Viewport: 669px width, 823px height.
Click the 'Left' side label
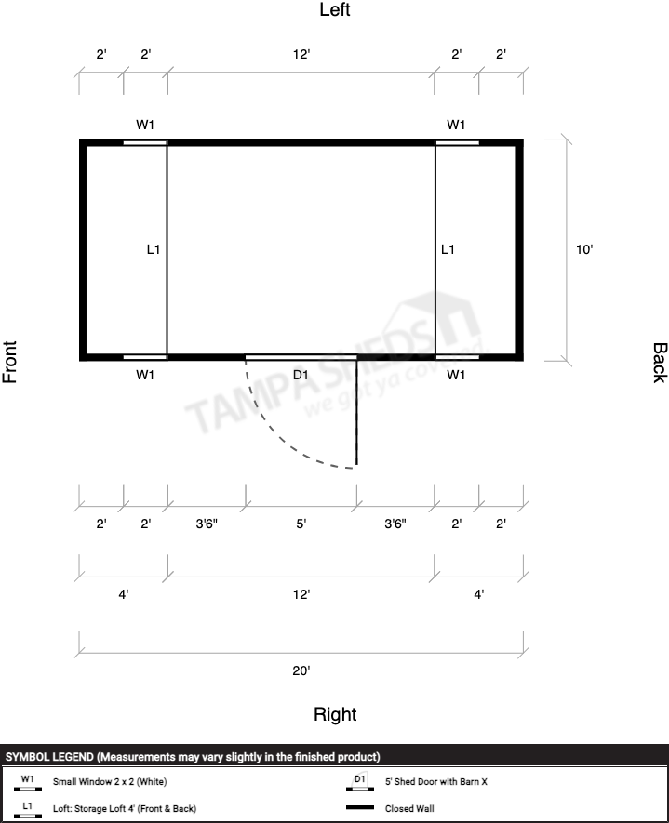(335, 9)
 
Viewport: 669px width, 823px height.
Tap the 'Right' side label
(335, 714)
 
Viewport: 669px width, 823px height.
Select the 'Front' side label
(10, 362)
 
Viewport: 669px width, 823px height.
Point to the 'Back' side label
(660, 363)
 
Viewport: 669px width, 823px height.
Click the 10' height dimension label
(584, 249)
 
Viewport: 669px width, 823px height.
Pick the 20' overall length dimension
(301, 670)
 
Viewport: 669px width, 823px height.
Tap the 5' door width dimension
(301, 524)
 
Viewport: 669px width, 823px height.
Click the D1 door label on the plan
(301, 375)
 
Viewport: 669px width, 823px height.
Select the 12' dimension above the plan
(301, 54)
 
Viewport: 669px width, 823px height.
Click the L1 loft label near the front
(154, 249)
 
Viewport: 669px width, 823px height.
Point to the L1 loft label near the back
(448, 249)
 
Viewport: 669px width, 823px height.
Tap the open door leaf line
(357, 411)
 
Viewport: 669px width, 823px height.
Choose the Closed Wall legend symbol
(360, 808)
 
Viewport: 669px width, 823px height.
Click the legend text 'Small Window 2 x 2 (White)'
(110, 781)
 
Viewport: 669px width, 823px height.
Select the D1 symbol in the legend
(360, 781)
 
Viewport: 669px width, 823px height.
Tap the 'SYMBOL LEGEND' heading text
(50, 757)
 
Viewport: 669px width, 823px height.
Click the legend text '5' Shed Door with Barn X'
(435, 781)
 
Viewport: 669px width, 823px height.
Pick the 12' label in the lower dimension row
(301, 594)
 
